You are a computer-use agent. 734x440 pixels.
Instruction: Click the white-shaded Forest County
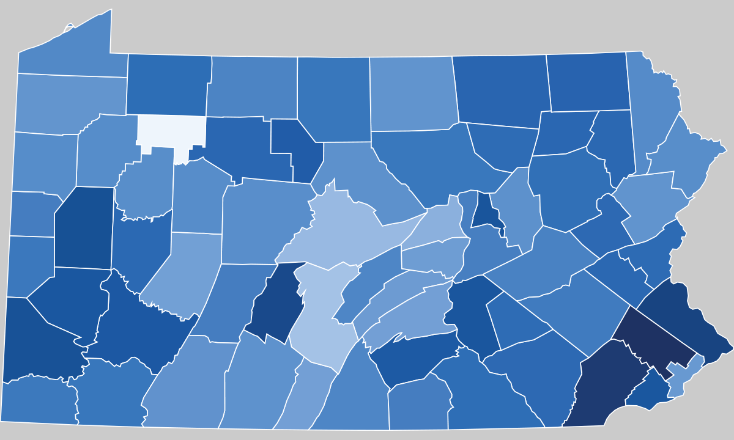pos(170,131)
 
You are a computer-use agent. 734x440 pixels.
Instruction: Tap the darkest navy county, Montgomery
pos(654,339)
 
